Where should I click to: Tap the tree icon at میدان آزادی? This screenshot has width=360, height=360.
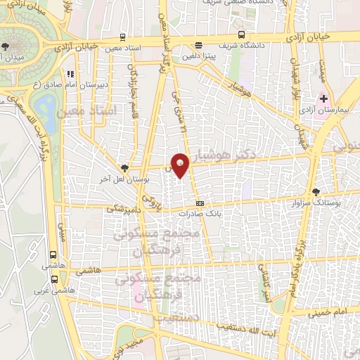click(x=6, y=46)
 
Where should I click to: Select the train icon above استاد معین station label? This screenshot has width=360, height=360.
click(x=123, y=37)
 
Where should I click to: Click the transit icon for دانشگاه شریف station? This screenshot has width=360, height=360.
click(x=242, y=34)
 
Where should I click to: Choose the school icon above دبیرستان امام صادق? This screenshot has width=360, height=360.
click(x=70, y=74)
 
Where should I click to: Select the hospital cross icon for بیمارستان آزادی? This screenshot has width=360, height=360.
click(x=323, y=100)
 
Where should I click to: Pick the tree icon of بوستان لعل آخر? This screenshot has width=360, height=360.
click(x=124, y=167)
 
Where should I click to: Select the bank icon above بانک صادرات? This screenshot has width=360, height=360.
click(x=200, y=203)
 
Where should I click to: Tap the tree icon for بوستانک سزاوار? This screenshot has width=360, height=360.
click(x=317, y=191)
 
